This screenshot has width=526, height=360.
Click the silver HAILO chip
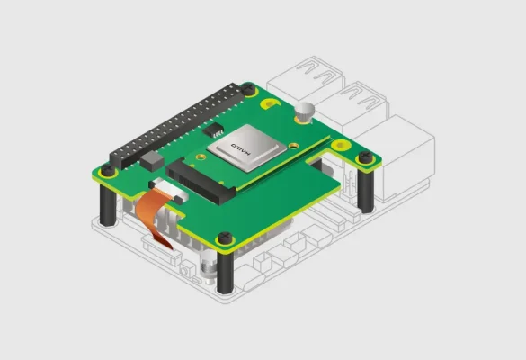247,148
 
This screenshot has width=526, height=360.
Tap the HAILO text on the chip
241,149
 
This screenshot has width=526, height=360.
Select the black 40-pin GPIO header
177,126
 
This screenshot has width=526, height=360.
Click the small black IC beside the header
213,130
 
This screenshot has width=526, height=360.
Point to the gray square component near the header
152,160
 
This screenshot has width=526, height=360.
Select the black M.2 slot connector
201,181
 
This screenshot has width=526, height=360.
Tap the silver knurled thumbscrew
305,112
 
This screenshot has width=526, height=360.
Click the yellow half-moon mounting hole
271,103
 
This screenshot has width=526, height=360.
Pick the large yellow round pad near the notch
341,146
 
